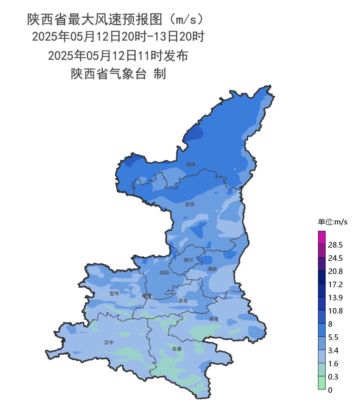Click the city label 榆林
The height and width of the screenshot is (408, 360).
click(x=191, y=164)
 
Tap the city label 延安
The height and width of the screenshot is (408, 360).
click(x=190, y=204)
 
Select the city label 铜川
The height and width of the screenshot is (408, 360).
click(x=188, y=260)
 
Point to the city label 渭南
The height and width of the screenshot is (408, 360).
click(x=212, y=269)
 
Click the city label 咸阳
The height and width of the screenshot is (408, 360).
click(x=164, y=273)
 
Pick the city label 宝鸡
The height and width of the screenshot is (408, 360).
click(x=114, y=293)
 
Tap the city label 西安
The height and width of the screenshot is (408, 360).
click(x=183, y=300)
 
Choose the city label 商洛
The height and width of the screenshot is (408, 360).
click(x=214, y=319)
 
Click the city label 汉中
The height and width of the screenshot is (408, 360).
click(x=109, y=342)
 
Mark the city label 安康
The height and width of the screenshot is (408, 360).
click(x=177, y=349)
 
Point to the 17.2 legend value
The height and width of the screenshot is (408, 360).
click(x=335, y=284)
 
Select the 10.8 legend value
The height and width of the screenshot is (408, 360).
click(x=335, y=311)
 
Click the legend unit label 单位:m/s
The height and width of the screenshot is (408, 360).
click(x=332, y=222)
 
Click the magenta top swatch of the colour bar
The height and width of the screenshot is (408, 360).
click(x=322, y=238)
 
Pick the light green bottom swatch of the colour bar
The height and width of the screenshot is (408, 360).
click(x=322, y=383)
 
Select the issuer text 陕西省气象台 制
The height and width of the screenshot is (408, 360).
click(x=118, y=74)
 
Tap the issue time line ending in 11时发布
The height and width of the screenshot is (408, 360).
click(x=118, y=56)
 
